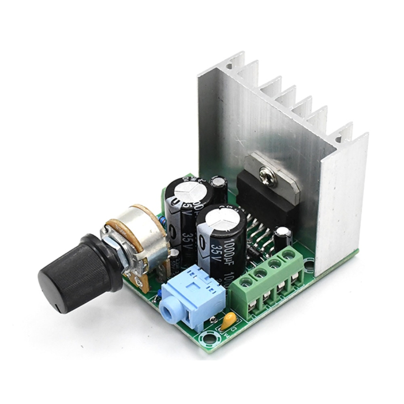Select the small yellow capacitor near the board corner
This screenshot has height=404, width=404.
coord(229,320)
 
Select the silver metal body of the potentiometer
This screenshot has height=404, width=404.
coord(139,231)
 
